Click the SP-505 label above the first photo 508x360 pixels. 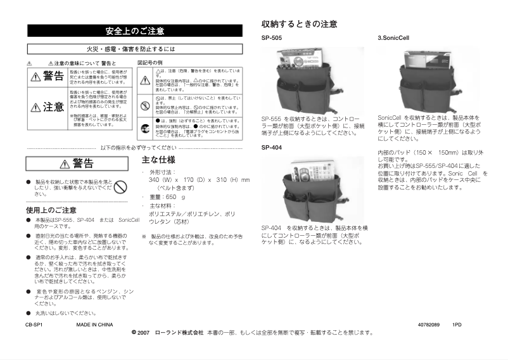coord(272,38)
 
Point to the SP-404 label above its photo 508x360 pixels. coord(272,147)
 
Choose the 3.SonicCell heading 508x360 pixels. coord(393,38)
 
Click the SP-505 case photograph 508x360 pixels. coord(313,80)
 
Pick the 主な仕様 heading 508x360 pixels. coord(158,160)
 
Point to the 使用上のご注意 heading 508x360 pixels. coord(51,210)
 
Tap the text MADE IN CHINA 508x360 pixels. coord(94,325)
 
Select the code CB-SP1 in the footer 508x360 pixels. coord(34,325)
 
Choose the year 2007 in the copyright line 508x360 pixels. coord(143,332)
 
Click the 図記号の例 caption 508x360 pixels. coord(150,63)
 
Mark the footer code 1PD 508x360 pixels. coord(457,325)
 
